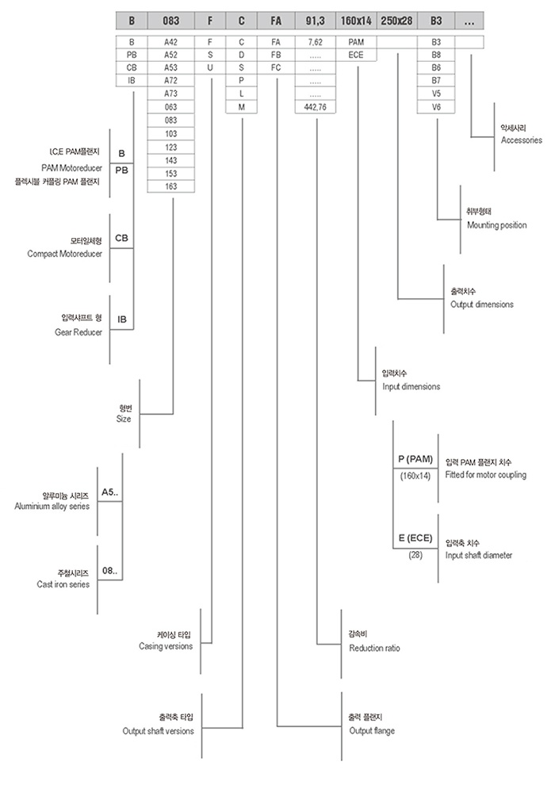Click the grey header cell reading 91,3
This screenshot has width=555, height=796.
(316, 20)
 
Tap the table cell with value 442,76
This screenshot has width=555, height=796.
(316, 105)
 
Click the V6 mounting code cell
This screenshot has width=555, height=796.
(436, 105)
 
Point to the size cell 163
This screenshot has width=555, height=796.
(170, 186)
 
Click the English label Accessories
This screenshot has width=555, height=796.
(521, 140)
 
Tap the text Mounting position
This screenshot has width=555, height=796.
(496, 225)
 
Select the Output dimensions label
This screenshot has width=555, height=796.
(481, 304)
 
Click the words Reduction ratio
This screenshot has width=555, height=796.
(374, 648)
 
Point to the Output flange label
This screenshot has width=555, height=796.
(371, 730)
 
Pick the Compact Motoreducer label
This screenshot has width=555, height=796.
(65, 254)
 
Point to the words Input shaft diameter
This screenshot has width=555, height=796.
(479, 555)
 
